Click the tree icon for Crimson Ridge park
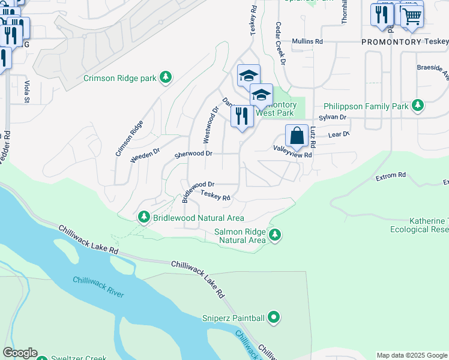[166, 77]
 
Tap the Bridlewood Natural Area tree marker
[143, 217]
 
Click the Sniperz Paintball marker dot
[274, 317]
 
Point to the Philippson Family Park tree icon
[418, 106]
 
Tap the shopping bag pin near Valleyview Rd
[297, 136]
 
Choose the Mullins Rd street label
[307, 41]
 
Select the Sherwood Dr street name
[193, 154]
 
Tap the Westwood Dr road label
[209, 125]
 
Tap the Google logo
[20, 353]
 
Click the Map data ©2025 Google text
[412, 355]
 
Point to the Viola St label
[27, 92]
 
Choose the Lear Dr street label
[339, 135]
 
